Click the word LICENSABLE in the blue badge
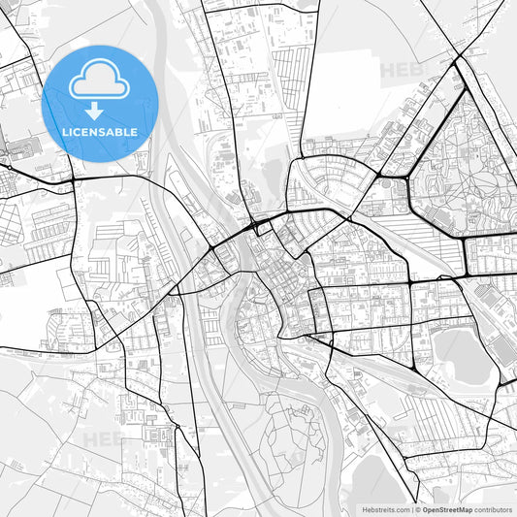click(x=100, y=132)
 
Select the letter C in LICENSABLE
click(x=78, y=132)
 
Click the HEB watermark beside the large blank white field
click(x=398, y=70)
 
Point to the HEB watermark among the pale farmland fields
click(x=102, y=438)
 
